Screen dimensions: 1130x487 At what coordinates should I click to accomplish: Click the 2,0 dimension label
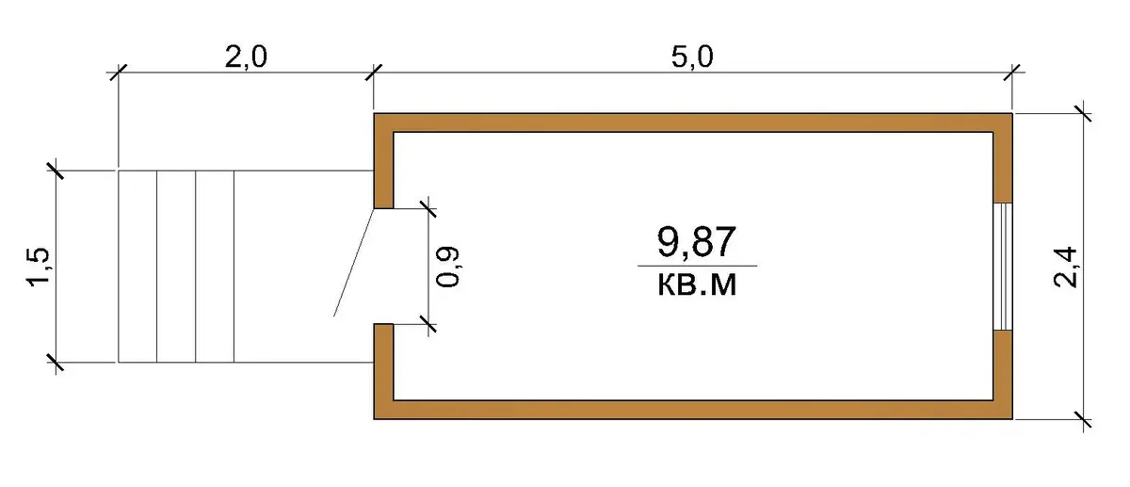(x=246, y=57)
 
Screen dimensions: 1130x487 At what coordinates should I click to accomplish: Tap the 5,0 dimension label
(x=692, y=57)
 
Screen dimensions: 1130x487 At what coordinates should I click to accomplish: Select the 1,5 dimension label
(x=39, y=267)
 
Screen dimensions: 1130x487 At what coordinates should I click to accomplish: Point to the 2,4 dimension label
(x=1065, y=268)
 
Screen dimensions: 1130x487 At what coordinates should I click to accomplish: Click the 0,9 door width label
(x=447, y=267)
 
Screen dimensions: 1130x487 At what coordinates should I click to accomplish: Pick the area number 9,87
(x=696, y=242)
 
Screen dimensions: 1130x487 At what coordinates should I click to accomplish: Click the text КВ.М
(x=697, y=285)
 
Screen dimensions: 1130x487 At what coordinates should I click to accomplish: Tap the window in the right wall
(x=1003, y=267)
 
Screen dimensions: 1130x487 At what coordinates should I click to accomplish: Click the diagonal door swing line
(x=354, y=263)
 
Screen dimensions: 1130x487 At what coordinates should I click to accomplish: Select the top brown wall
(x=693, y=122)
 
